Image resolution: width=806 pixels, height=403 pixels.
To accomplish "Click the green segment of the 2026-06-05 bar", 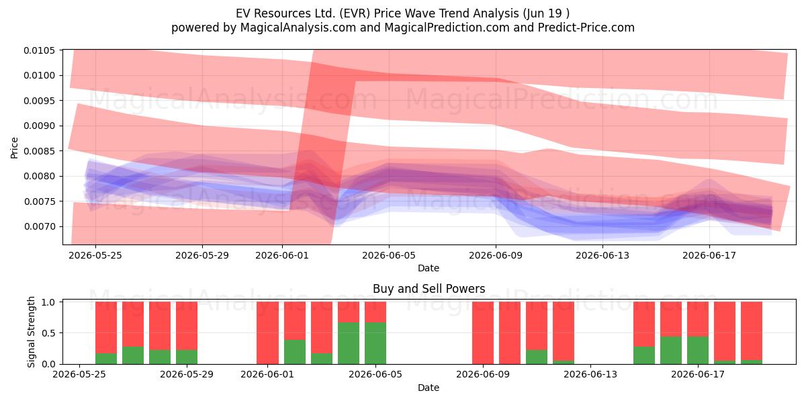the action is tap(375, 343).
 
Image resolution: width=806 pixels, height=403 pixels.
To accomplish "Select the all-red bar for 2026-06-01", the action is tap(268, 333).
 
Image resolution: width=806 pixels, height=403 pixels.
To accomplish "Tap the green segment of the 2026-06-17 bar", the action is tap(698, 351).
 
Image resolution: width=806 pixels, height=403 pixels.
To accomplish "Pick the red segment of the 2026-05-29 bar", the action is tap(187, 326).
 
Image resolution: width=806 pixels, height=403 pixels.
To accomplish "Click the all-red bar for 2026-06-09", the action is tap(483, 333).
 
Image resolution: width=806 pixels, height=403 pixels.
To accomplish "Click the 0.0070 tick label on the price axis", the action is tap(40, 227).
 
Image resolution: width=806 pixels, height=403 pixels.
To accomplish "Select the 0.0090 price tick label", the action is tap(40, 126).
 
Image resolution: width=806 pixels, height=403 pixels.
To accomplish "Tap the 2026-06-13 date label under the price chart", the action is tap(602, 255).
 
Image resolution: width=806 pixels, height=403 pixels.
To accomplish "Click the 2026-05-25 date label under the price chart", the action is tap(95, 255).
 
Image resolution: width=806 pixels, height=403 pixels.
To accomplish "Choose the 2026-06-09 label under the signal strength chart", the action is tap(483, 375).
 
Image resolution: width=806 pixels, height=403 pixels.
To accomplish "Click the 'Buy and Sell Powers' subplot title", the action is tap(429, 289).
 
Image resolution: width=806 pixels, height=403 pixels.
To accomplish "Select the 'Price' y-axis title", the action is tap(14, 148).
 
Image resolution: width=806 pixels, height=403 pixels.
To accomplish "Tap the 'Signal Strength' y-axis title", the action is tap(32, 332).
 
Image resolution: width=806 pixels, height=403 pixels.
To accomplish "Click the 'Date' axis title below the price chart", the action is tap(429, 268).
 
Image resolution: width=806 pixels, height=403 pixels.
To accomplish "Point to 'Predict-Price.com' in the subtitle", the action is tap(586, 28).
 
